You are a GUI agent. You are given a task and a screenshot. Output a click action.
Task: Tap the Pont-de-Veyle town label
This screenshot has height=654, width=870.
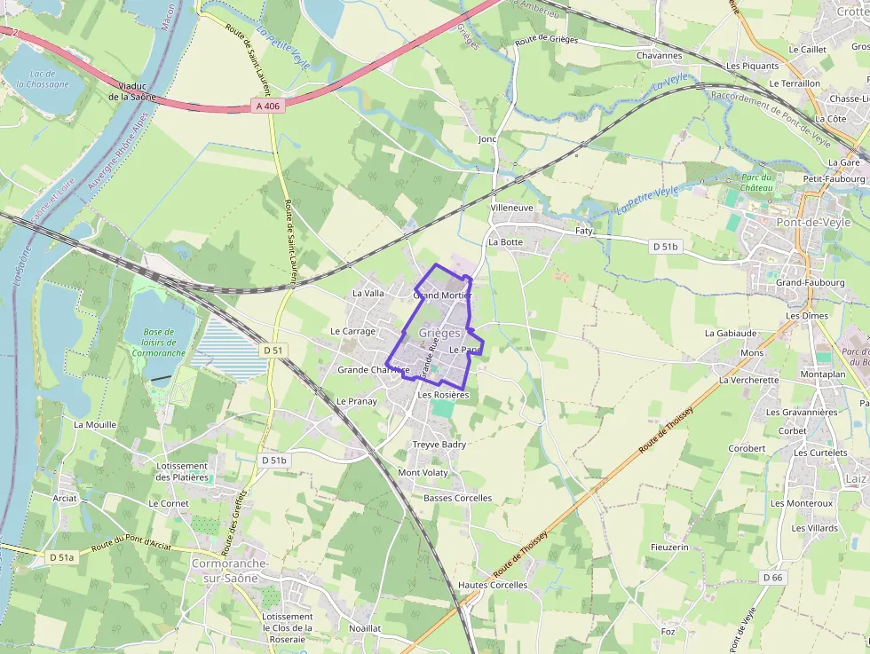click(813, 223)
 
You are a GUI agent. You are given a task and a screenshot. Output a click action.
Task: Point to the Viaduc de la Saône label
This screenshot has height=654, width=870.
click(131, 91)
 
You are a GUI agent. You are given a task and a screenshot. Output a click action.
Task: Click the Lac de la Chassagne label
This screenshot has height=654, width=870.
click(42, 79)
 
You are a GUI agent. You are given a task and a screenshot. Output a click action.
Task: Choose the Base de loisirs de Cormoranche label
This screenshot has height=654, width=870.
click(158, 342)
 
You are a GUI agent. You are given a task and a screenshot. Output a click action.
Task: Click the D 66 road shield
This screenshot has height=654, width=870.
click(772, 578)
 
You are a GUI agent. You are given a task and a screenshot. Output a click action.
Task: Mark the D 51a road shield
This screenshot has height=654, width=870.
click(60, 557)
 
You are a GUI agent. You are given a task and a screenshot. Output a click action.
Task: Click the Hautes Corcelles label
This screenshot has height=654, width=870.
click(493, 585)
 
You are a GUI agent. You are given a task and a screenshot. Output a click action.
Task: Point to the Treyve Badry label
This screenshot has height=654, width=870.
click(439, 445)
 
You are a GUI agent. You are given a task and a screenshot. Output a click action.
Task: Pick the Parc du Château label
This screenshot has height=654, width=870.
click(759, 183)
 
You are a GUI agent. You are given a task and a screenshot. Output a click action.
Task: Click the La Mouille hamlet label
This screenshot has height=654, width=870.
click(95, 425)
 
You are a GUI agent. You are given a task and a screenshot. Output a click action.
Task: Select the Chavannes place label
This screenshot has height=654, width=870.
click(659, 55)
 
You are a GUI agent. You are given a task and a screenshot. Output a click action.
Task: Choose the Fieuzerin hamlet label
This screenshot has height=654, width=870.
click(669, 548)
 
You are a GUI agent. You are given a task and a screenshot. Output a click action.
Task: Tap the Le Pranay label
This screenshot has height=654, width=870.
click(356, 401)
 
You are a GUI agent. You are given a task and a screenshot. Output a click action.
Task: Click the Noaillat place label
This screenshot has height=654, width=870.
click(365, 627)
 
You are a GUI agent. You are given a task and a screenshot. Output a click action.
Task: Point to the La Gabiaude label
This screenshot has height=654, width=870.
click(731, 334)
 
